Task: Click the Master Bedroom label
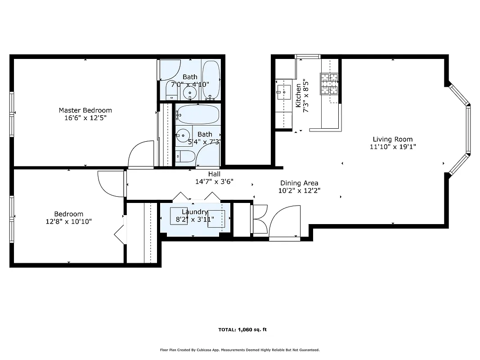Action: click(85, 110)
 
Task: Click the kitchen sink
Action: click(283, 92)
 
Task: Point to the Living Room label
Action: click(392, 139)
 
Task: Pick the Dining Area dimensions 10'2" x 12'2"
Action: click(299, 190)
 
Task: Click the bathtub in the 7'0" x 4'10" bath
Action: click(211, 80)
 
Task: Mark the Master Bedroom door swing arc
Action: click(141, 154)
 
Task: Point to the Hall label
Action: click(214, 174)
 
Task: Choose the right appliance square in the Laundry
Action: click(216, 219)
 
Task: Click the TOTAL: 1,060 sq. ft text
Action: click(242, 330)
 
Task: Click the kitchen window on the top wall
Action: click(307, 57)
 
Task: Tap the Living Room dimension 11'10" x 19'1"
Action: click(392, 147)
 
